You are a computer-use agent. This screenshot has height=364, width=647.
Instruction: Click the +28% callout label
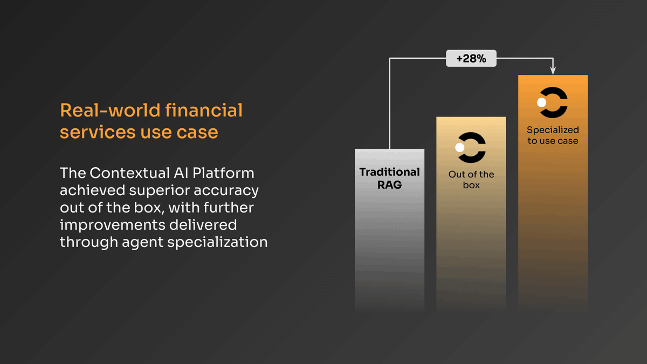[x=471, y=59]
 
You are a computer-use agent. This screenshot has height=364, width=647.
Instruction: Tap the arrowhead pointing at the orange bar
[x=553, y=70]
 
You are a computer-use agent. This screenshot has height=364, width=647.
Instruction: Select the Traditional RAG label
[x=389, y=178]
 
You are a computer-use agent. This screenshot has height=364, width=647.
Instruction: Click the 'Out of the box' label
[x=471, y=180]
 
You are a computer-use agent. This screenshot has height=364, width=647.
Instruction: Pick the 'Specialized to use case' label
[x=553, y=135]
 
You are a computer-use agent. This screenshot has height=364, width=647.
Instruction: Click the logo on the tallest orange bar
[x=552, y=102]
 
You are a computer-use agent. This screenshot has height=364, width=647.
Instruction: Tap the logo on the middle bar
[x=471, y=147]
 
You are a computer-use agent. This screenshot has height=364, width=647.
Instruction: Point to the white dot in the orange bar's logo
[x=541, y=102]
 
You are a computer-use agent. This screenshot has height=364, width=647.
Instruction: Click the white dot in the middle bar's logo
[x=460, y=147]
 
